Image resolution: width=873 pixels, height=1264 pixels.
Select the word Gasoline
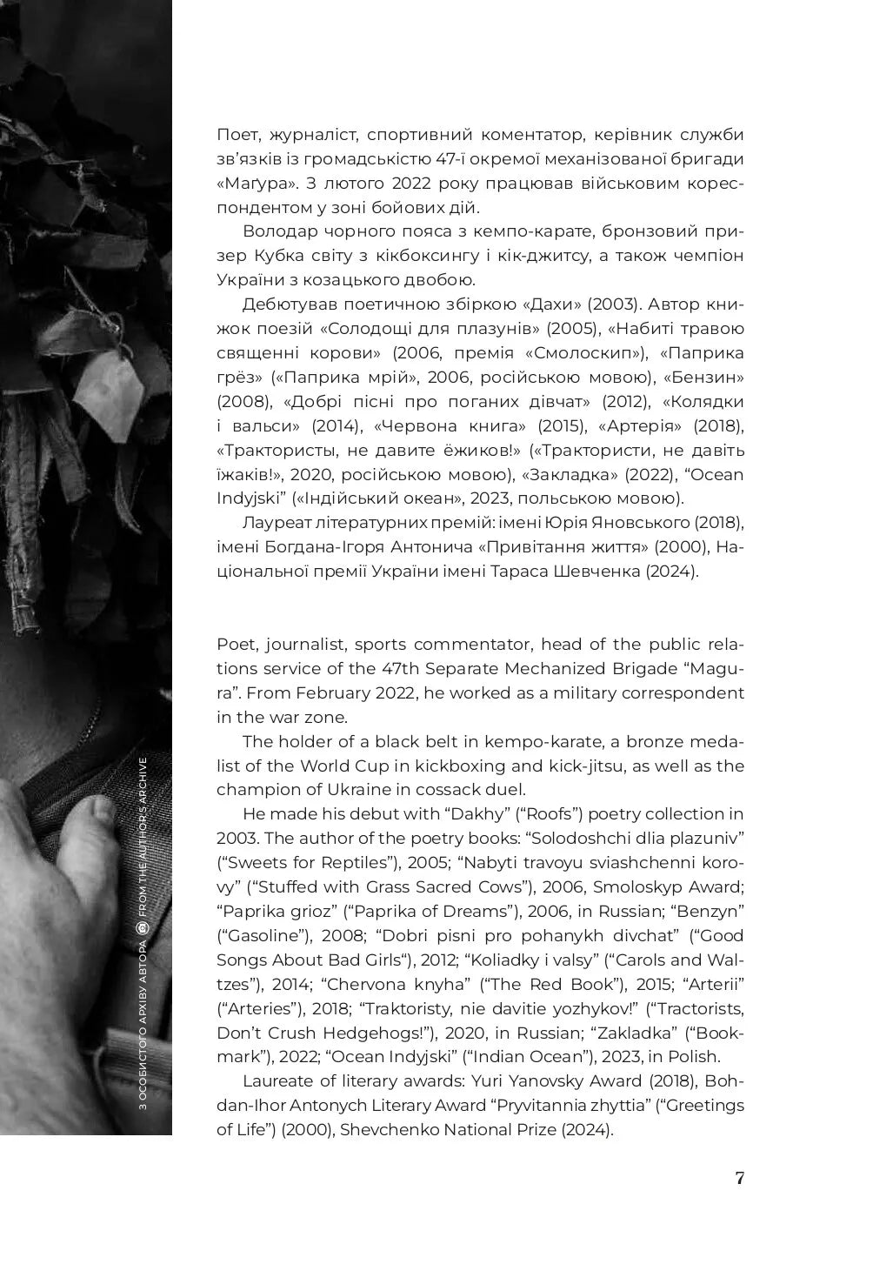point(263,936)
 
